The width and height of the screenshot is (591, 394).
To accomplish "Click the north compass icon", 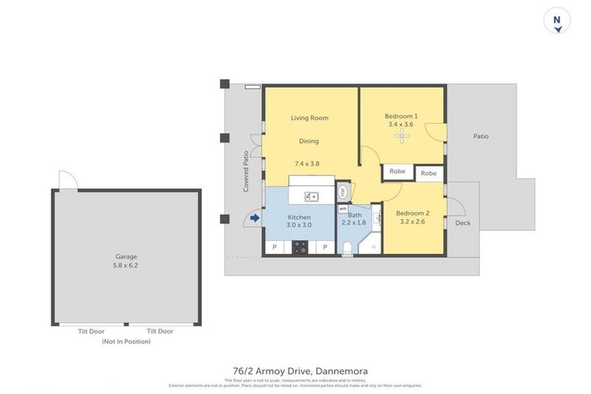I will click(556, 21).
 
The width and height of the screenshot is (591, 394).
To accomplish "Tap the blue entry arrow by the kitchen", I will click(255, 219).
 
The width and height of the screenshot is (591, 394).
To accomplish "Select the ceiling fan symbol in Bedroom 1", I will click(401, 136).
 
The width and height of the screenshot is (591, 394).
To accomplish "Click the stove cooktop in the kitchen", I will click(299, 247).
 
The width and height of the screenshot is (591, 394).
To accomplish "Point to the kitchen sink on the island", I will click(312, 196).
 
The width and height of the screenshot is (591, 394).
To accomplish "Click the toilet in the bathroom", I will click(347, 246).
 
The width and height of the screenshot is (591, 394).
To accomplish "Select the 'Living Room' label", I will click(309, 118).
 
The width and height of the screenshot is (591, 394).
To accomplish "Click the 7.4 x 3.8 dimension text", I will click(307, 163).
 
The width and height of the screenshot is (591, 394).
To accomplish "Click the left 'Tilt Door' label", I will click(92, 332).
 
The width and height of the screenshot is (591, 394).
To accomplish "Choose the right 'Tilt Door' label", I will click(160, 332).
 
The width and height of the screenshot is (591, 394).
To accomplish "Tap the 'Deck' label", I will click(462, 223).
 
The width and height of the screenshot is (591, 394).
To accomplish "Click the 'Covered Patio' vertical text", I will click(246, 171).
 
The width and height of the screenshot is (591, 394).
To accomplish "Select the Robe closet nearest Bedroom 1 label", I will click(397, 172).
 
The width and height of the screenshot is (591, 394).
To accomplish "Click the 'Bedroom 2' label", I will click(413, 212).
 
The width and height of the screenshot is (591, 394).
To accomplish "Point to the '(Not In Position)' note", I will click(126, 341).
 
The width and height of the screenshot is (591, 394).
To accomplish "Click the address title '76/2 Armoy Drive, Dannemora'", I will click(300, 371).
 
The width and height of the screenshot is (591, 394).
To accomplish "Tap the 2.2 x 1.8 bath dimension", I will click(353, 223).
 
